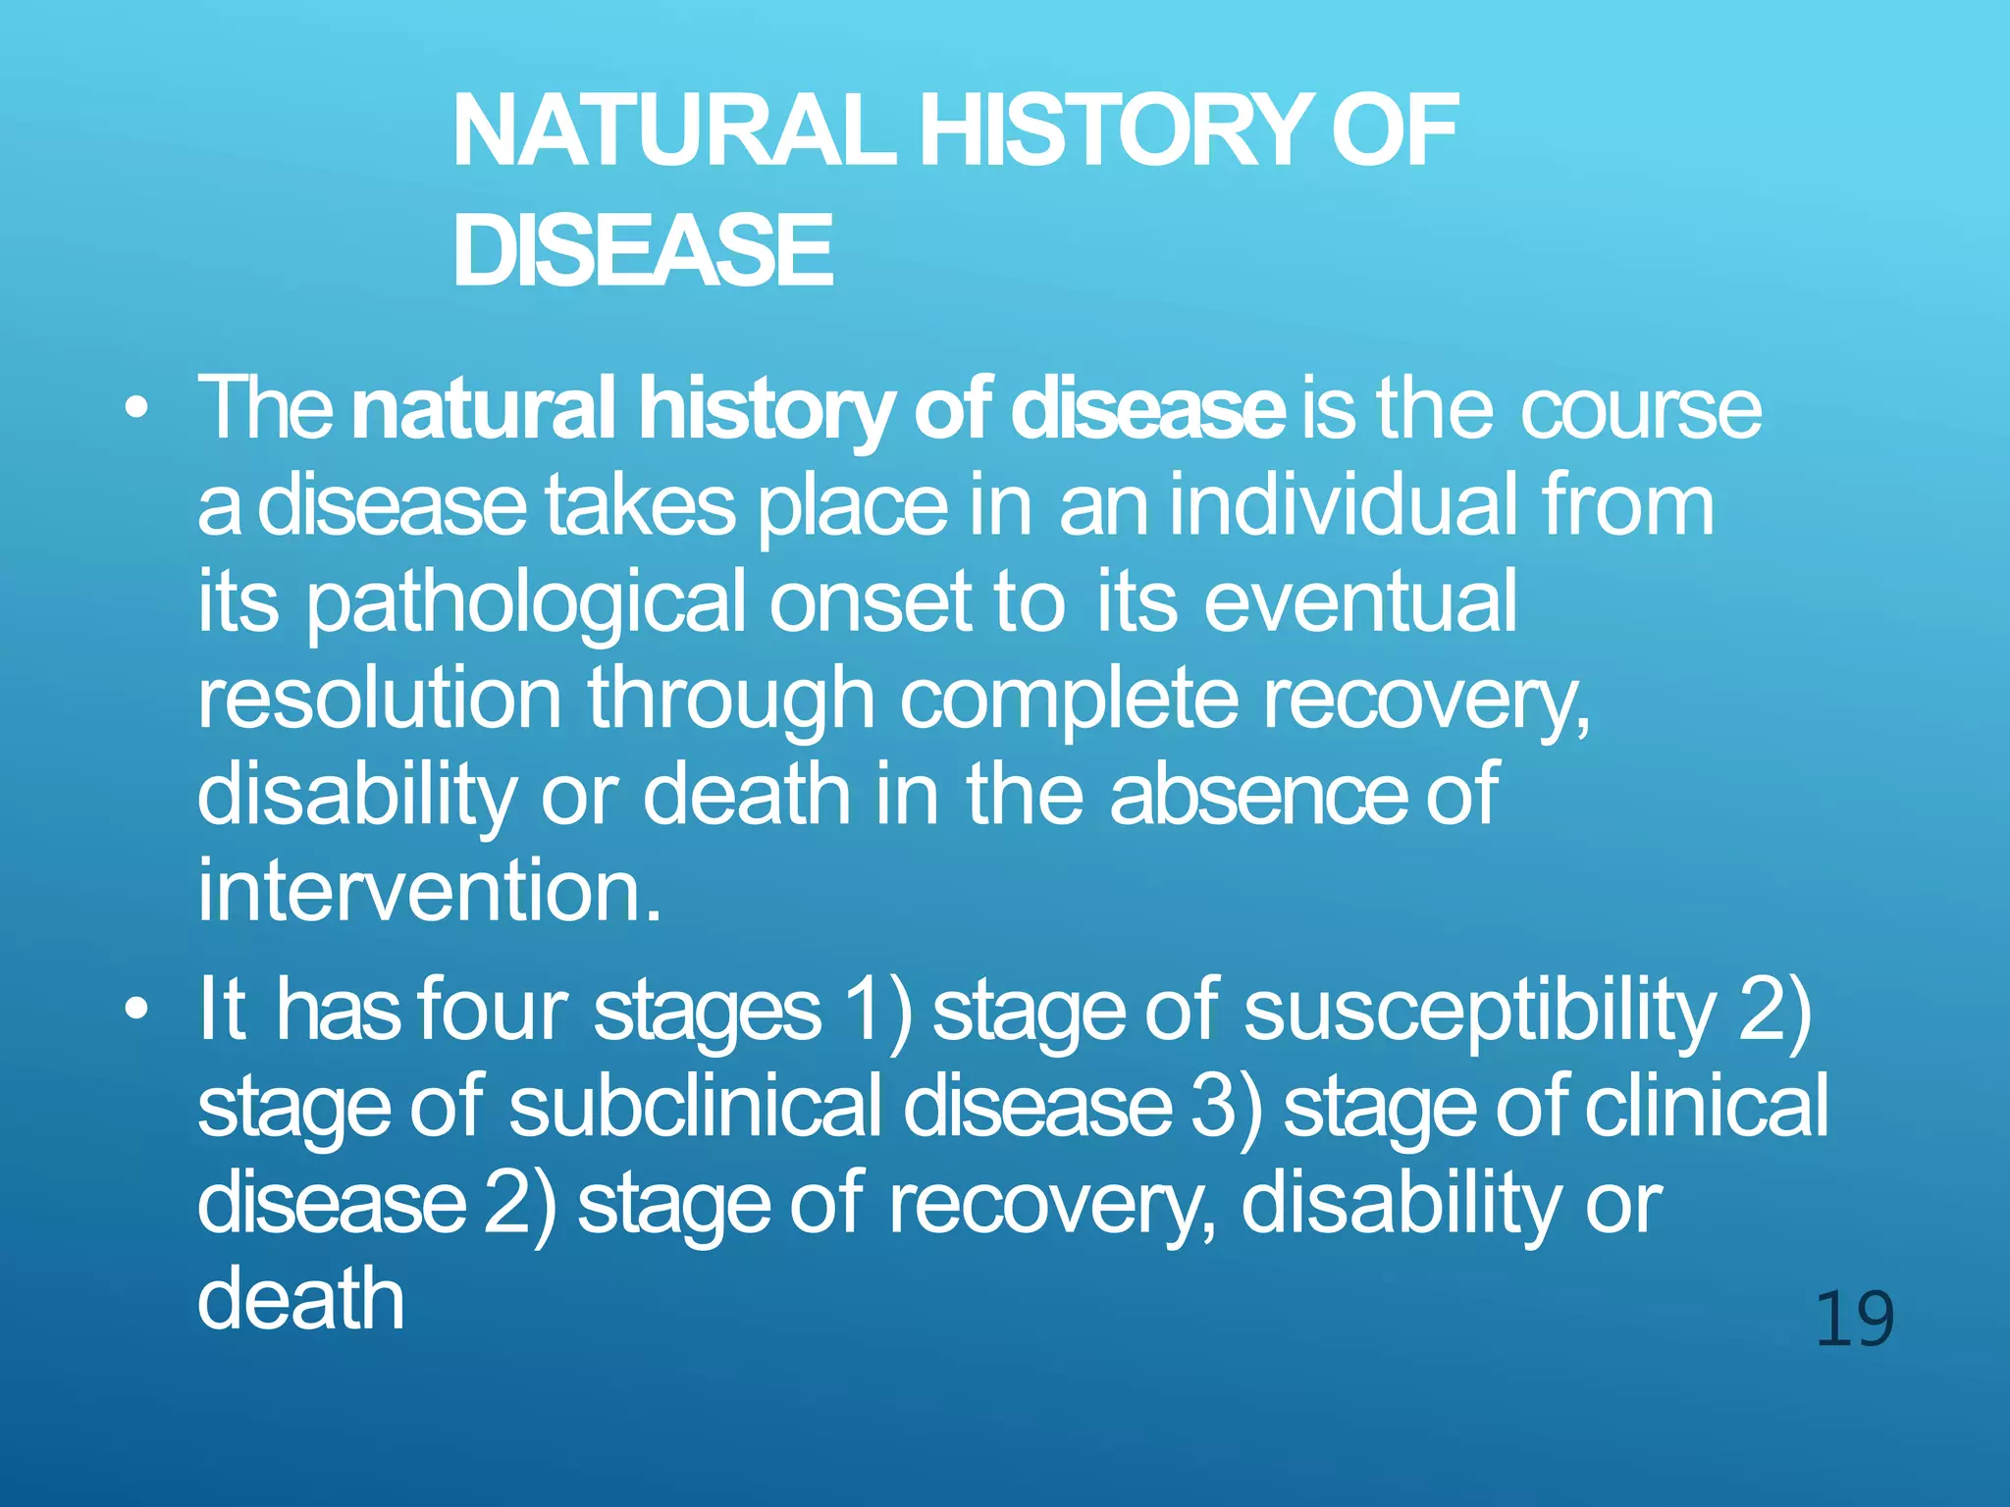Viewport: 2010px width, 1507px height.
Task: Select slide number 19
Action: [1854, 1321]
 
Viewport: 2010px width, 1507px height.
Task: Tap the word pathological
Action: [525, 603]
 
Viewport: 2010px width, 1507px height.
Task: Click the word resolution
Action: [380, 699]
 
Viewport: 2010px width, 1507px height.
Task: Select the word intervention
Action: [428, 891]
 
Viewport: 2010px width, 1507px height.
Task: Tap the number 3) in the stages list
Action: [1226, 1107]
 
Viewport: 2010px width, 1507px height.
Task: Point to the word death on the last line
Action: [300, 1297]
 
